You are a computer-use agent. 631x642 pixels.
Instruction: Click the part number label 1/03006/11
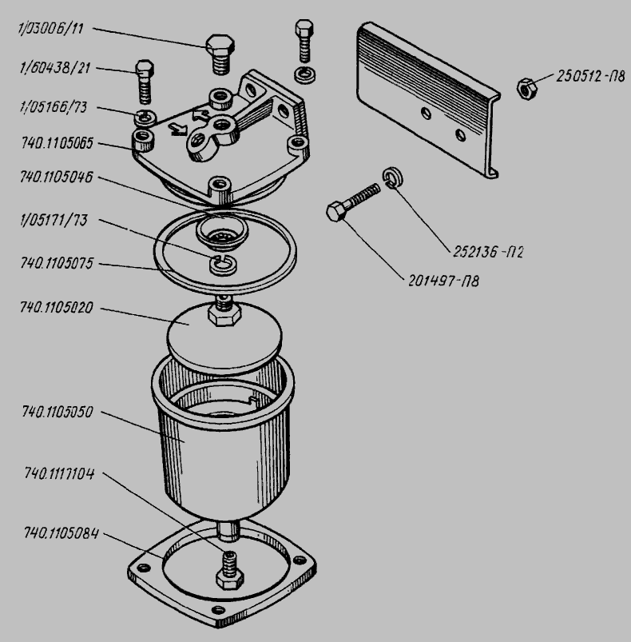tap(51, 30)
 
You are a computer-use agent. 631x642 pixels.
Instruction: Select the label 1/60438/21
tap(55, 67)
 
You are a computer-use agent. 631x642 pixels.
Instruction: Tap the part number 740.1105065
tap(57, 143)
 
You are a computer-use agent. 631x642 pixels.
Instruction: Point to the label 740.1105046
tap(57, 177)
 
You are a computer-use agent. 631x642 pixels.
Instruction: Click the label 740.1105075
tap(57, 263)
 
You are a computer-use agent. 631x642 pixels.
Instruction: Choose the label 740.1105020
tap(57, 308)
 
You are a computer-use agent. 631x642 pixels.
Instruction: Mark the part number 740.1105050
tap(58, 412)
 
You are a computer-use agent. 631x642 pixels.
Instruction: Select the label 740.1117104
tap(59, 474)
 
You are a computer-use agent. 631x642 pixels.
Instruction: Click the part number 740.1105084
tap(62, 533)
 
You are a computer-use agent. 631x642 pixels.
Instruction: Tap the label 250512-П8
tap(590, 77)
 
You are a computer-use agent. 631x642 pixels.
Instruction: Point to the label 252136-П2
tap(488, 252)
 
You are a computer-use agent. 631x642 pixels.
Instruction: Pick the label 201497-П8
tap(444, 281)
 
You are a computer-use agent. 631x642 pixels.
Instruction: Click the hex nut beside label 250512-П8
tap(526, 89)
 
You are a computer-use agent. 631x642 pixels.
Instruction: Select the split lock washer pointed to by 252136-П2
tap(393, 177)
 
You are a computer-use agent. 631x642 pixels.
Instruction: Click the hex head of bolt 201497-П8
tap(336, 211)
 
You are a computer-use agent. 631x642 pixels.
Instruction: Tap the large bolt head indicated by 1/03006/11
tap(220, 46)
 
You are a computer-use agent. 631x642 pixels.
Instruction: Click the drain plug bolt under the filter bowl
tap(230, 570)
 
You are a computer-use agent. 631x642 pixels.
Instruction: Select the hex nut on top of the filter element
tap(224, 315)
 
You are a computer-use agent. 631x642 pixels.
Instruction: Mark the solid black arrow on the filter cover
tap(178, 130)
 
